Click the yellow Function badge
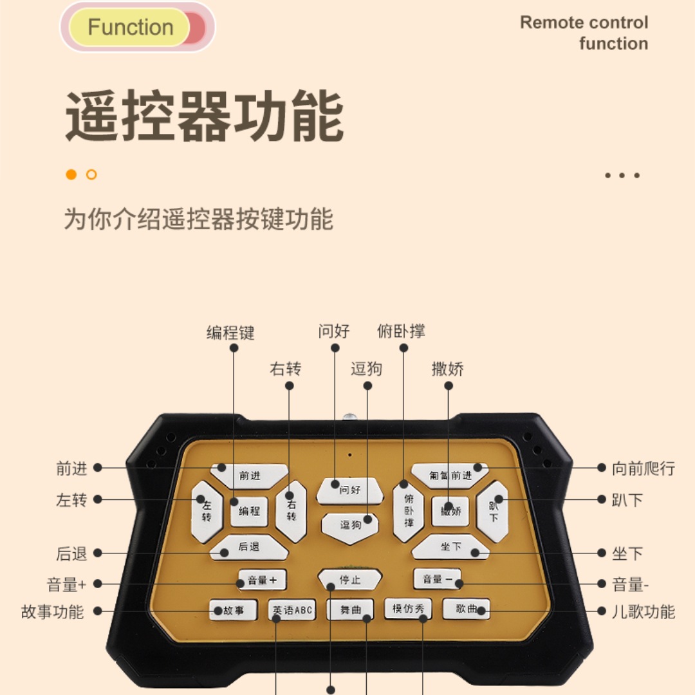[131, 28]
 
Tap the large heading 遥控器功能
[204, 116]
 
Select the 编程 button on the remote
[249, 511]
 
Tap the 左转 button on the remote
[206, 510]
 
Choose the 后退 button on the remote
[249, 548]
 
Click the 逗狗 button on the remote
[350, 524]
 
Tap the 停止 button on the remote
[350, 580]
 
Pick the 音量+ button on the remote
[262, 580]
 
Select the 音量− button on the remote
[438, 580]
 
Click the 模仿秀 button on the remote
[408, 609]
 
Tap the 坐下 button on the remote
[450, 547]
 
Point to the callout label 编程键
[230, 332]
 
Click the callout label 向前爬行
[643, 468]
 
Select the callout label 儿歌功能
[643, 611]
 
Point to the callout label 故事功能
[53, 611]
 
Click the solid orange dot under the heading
[71, 174]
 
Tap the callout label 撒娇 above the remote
[448, 369]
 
